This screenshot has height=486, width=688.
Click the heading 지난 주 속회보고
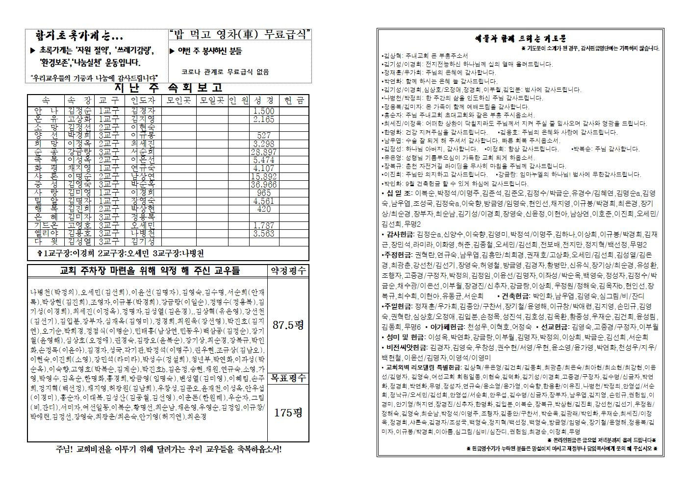[168, 88]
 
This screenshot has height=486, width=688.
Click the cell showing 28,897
[263, 152]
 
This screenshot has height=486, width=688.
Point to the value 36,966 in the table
[263, 185]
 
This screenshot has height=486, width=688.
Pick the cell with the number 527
[263, 136]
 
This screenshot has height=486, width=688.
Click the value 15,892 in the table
[263, 176]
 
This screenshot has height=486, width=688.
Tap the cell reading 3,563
[263, 234]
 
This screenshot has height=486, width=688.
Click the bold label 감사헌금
[400, 235]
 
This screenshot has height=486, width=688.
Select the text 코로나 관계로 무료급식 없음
[225, 72]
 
